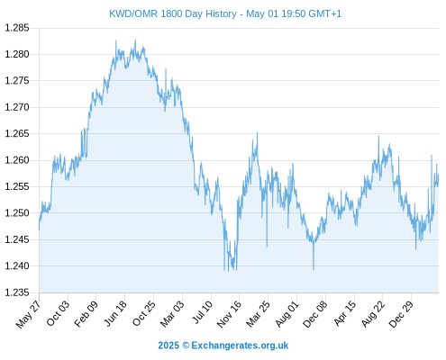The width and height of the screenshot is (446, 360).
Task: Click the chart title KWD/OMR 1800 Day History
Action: tap(173, 13)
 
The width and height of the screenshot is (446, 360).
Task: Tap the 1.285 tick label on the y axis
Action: tap(17, 28)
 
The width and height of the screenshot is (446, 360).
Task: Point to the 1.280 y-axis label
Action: tap(17, 54)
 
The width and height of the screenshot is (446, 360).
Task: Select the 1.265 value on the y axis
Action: tap(17, 133)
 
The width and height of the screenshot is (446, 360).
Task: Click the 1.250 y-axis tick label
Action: tap(17, 213)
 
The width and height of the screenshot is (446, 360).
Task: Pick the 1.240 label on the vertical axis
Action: tap(17, 265)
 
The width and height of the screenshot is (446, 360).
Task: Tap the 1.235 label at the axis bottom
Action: tap(17, 292)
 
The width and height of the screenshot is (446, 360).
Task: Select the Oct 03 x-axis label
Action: tap(58, 313)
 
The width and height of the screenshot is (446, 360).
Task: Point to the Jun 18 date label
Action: tap(115, 313)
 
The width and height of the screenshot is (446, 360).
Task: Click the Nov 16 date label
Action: tap(229, 314)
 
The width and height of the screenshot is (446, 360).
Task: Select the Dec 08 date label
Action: tap(315, 314)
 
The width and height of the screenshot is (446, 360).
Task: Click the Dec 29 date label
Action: tap(401, 314)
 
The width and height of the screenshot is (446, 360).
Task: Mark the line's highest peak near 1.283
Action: tap(135, 40)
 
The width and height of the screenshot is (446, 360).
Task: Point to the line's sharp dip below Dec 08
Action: tap(314, 270)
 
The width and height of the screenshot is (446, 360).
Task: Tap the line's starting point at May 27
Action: tap(39, 230)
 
